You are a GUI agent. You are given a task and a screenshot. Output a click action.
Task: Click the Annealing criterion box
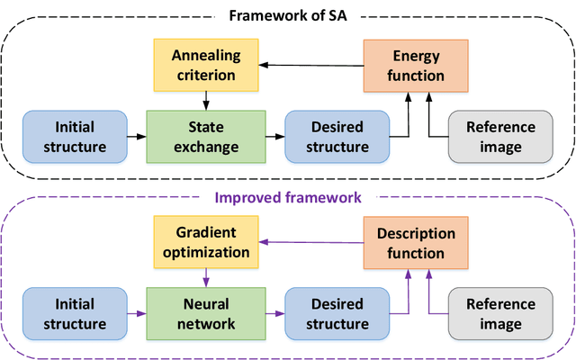click(x=206, y=65)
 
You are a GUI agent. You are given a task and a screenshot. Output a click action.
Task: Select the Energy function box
click(x=416, y=66)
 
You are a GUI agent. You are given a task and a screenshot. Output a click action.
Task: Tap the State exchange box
click(x=206, y=137)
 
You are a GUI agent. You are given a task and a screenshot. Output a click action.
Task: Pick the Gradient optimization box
click(x=206, y=242)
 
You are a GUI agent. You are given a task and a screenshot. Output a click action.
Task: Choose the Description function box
click(x=416, y=243)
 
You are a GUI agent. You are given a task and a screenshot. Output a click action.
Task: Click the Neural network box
click(x=206, y=314)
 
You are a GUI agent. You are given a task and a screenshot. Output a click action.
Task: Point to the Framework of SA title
click(x=288, y=16)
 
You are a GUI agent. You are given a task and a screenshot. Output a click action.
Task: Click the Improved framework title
click(x=288, y=198)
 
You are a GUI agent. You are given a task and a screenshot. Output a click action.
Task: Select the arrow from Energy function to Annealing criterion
click(x=311, y=66)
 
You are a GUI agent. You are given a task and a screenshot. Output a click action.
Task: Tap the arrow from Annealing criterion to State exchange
click(x=206, y=101)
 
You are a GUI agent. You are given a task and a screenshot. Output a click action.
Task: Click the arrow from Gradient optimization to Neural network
click(x=206, y=278)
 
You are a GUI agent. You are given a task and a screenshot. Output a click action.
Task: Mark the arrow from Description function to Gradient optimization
click(x=311, y=242)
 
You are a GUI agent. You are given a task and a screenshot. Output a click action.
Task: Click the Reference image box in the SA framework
click(x=500, y=137)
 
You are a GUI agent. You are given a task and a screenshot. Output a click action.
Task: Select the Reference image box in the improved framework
click(x=500, y=314)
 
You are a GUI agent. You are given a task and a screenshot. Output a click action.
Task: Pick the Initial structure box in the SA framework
click(x=75, y=137)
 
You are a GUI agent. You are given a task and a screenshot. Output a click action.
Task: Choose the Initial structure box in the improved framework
click(x=75, y=314)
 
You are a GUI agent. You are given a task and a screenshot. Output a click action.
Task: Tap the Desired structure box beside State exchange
click(x=337, y=137)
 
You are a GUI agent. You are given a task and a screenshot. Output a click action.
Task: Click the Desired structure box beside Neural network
click(x=337, y=314)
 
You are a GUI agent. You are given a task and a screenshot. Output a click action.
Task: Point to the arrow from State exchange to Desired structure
click(x=275, y=137)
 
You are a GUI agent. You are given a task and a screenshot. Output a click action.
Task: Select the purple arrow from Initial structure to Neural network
click(x=137, y=314)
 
